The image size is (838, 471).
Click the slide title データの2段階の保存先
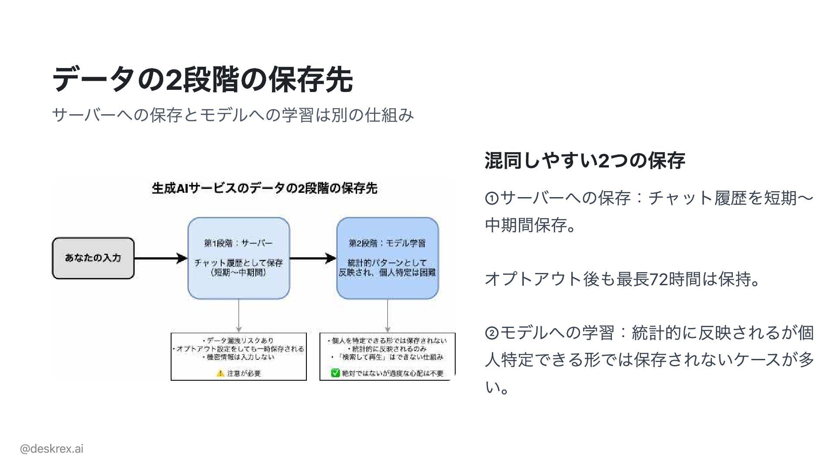point(202,80)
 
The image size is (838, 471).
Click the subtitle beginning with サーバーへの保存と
point(233,115)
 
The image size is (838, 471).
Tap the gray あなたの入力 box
point(93,258)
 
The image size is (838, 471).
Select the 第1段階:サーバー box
point(238,258)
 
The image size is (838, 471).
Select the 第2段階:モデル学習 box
point(387,258)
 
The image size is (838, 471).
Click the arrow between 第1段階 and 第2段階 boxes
point(313,258)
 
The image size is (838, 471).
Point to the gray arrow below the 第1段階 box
point(238,316)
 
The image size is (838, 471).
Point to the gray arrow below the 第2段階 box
point(388,316)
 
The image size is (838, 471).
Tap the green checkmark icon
point(335,373)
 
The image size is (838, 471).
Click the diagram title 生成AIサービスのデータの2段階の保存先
point(264,188)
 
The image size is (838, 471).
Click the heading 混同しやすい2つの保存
point(585,160)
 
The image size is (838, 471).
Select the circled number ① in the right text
point(491,199)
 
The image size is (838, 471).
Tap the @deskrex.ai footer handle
point(52,449)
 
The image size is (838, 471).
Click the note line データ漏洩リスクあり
point(238,341)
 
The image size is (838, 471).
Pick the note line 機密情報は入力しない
point(238,357)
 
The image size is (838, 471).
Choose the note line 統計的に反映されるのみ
point(387,349)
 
